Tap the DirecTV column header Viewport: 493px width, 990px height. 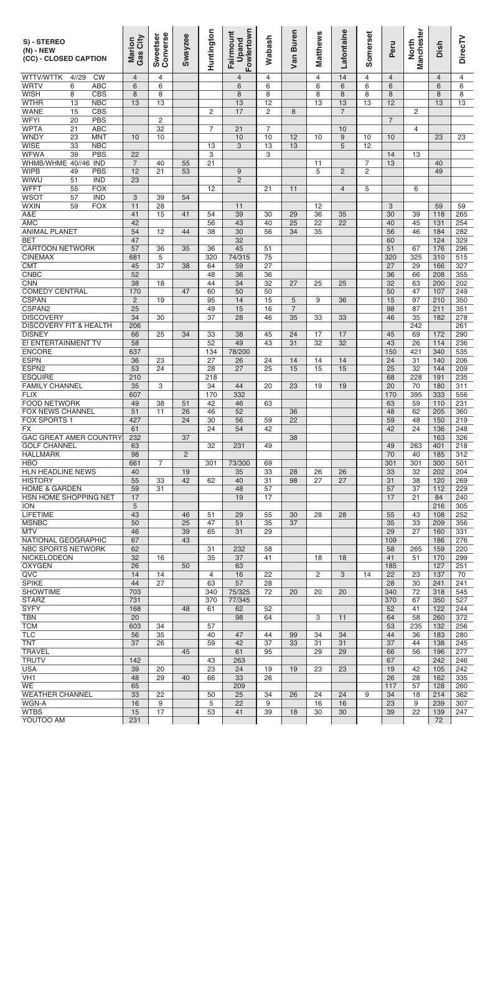461,49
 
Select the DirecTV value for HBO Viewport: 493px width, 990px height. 461,462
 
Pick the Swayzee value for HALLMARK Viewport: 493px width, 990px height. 185,454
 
